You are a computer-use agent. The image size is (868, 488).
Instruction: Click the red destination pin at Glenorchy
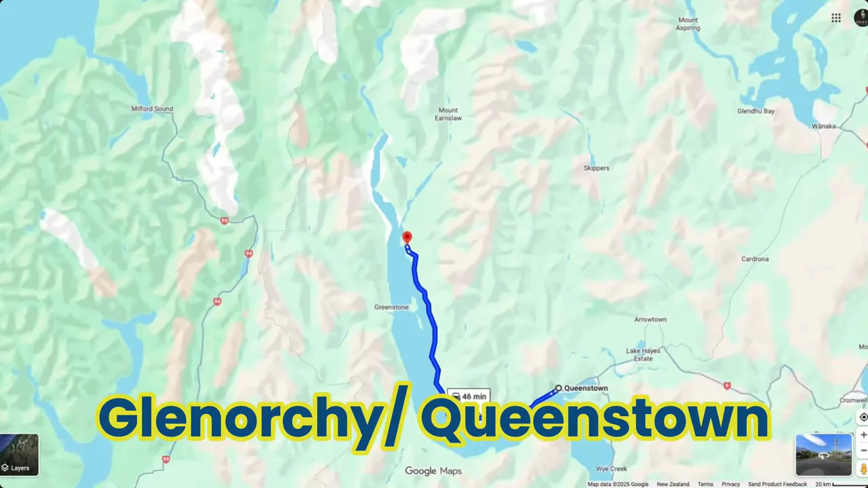pyautogui.click(x=407, y=237)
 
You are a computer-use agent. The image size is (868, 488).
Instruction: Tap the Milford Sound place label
pyautogui.click(x=152, y=109)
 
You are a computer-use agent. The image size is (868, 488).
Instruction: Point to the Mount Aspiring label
pyautogui.click(x=688, y=24)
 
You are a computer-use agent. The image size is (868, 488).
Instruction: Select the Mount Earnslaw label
pyautogui.click(x=448, y=114)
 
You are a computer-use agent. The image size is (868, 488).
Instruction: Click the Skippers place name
pyautogui.click(x=596, y=168)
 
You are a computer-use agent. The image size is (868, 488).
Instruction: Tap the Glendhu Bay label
pyautogui.click(x=756, y=110)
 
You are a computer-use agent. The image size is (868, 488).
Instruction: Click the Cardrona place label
pyautogui.click(x=755, y=259)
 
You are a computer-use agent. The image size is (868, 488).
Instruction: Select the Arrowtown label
pyautogui.click(x=650, y=319)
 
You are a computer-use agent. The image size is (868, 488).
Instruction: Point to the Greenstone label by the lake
pyautogui.click(x=391, y=307)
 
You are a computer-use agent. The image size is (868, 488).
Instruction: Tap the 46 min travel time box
pyautogui.click(x=469, y=396)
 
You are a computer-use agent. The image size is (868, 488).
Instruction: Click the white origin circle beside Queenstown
pyautogui.click(x=558, y=388)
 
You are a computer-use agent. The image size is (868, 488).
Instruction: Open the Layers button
pyautogui.click(x=19, y=455)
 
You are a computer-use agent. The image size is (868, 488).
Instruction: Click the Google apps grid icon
pyautogui.click(x=836, y=18)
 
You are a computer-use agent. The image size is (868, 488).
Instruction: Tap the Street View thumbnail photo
pyautogui.click(x=823, y=454)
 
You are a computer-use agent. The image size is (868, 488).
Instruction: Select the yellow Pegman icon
pyautogui.click(x=863, y=468)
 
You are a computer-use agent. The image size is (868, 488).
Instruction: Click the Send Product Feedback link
pyautogui.click(x=777, y=484)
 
